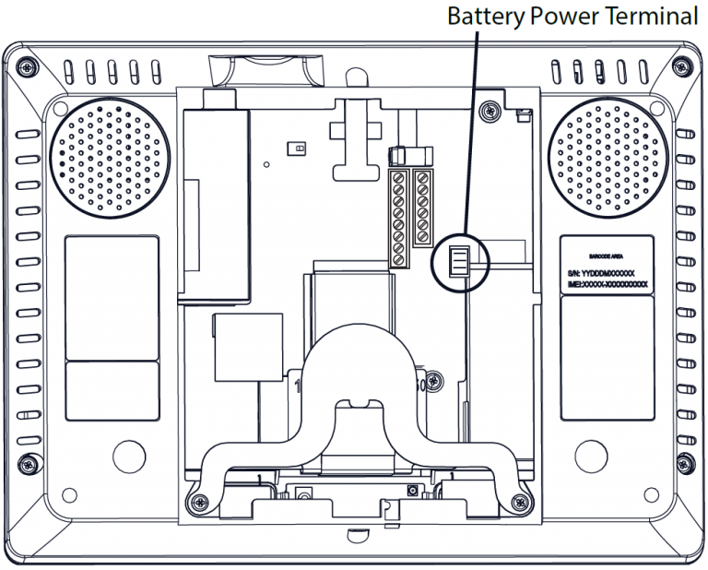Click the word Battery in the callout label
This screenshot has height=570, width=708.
coord(481,17)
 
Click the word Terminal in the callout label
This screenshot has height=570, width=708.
coord(658,17)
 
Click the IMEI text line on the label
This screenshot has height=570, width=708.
coord(608,285)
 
